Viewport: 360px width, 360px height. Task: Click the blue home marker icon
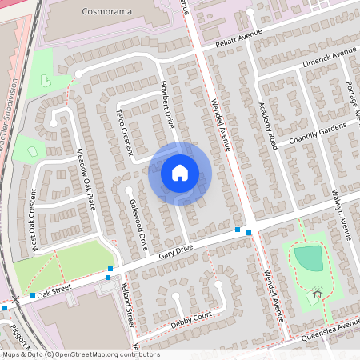[x=180, y=173]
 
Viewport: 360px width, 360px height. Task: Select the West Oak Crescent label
[x=34, y=218]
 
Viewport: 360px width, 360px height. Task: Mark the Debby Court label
[x=191, y=318]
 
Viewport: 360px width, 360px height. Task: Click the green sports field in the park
[x=309, y=258]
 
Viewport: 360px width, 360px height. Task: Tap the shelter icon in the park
[x=317, y=294]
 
